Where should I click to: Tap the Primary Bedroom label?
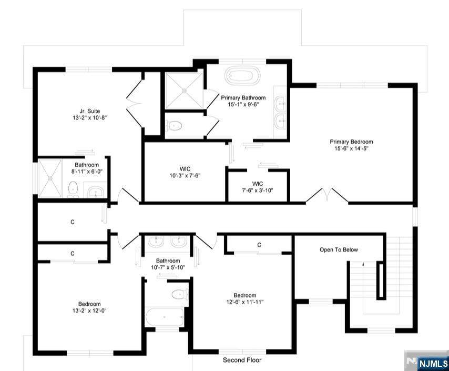[x=351, y=142]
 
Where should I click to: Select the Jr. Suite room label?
[x=89, y=111]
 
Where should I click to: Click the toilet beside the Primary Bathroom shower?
[x=174, y=126]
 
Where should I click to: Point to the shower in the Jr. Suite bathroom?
[x=50, y=178]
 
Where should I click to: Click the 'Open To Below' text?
[x=339, y=250]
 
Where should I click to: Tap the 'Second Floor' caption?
[x=242, y=360]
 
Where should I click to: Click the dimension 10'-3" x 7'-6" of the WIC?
[x=185, y=175]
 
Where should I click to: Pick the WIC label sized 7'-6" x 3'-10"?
[x=258, y=184]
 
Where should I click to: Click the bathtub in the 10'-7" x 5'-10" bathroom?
[x=165, y=317]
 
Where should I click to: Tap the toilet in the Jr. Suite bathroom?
[x=73, y=189]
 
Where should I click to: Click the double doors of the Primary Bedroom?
[x=327, y=195]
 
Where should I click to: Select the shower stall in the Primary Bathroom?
[x=184, y=91]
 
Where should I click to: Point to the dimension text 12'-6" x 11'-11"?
[x=244, y=302]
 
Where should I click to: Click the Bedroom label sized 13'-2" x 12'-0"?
[x=89, y=304]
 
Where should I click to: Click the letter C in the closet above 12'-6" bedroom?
[x=259, y=245]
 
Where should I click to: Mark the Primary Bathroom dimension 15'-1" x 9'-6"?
[x=243, y=104]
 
